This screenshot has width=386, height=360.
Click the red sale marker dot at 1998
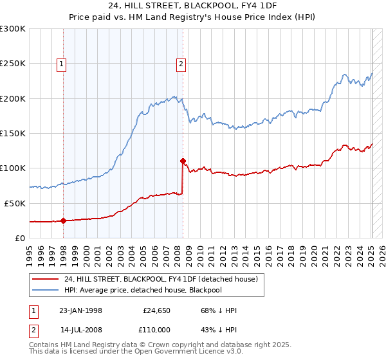click(x=64, y=221)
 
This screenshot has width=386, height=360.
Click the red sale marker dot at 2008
click(x=183, y=161)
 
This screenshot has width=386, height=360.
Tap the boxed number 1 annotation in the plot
click(x=61, y=64)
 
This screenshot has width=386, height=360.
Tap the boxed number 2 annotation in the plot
click(x=181, y=64)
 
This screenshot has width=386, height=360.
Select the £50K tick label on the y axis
click(x=15, y=203)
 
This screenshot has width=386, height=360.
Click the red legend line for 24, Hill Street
click(x=46, y=279)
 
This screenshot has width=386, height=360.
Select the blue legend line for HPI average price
click(x=46, y=290)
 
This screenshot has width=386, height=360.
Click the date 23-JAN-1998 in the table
click(x=80, y=310)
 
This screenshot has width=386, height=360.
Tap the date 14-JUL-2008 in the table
click(x=80, y=330)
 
